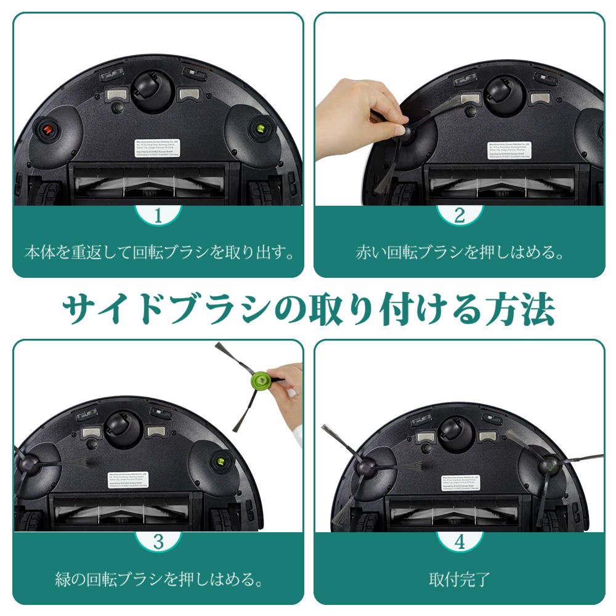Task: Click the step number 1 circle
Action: point(158,216)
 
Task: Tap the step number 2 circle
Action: point(460,216)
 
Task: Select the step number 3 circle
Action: point(158,541)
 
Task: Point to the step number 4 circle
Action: point(460,541)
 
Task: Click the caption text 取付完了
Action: point(460,579)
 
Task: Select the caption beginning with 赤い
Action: point(460,253)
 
